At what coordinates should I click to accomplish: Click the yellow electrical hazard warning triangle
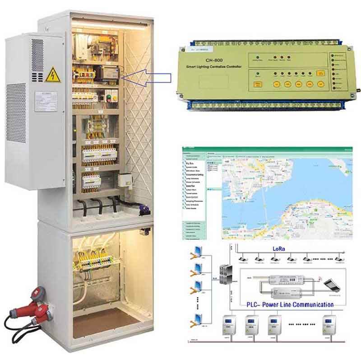[x=53, y=74]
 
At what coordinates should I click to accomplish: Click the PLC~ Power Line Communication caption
[x=290, y=304]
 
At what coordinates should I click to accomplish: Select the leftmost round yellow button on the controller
[x=275, y=84]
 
